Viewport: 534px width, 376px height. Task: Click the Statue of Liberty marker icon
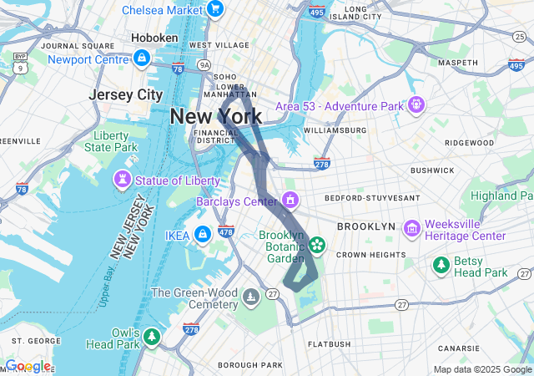coord(123,180)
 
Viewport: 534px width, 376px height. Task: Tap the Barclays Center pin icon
coord(290,201)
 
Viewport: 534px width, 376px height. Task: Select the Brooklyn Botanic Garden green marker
coord(317,245)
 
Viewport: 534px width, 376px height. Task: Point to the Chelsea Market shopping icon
coord(215,9)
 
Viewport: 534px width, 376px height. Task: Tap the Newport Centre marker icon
coord(141,58)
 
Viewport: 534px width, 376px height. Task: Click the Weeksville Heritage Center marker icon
coord(411,228)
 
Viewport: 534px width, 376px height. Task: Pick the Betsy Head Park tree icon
coord(441,266)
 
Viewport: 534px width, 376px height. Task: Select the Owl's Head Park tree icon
coord(151,337)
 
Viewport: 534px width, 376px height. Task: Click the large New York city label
coord(215,116)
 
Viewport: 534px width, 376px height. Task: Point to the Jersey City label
coord(126,94)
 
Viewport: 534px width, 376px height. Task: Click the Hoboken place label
coord(154,38)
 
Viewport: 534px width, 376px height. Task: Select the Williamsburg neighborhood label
coord(335,130)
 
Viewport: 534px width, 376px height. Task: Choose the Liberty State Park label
coord(110,141)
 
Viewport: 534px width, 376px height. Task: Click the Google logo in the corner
coord(27,366)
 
